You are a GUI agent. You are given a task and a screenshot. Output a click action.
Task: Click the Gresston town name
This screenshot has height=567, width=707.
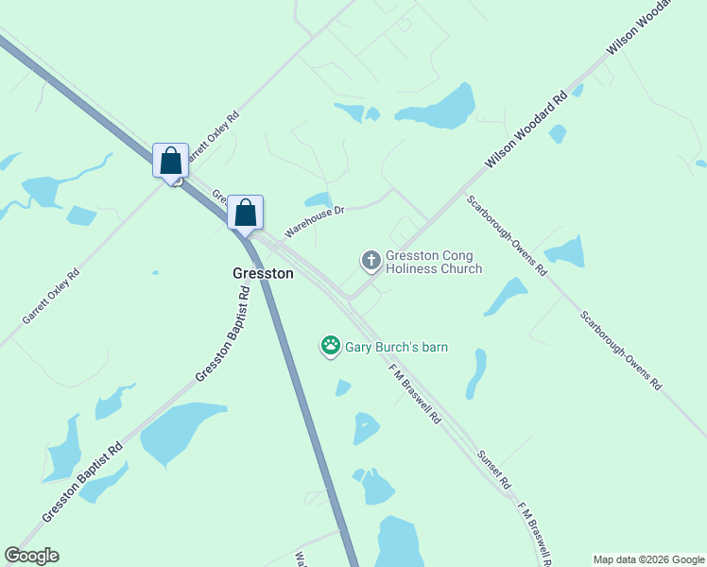(x=263, y=273)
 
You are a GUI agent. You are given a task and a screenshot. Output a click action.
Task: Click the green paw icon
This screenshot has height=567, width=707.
(x=330, y=347)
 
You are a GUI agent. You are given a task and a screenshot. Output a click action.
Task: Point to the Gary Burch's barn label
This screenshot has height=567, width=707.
(x=395, y=347)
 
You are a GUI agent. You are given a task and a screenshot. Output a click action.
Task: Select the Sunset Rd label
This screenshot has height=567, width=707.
(x=494, y=469)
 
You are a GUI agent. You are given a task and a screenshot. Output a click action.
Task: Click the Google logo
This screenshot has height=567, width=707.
(x=32, y=556)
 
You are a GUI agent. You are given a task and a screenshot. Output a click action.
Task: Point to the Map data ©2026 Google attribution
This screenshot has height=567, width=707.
(x=648, y=559)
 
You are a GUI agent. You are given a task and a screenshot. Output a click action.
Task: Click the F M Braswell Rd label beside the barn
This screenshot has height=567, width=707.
(x=416, y=395)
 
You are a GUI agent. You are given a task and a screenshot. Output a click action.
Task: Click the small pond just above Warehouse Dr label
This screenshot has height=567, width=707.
(x=319, y=199)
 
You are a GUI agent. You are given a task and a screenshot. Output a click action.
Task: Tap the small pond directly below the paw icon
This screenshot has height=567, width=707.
(x=342, y=387)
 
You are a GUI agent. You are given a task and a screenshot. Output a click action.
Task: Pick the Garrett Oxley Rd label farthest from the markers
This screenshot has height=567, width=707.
(x=51, y=296)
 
